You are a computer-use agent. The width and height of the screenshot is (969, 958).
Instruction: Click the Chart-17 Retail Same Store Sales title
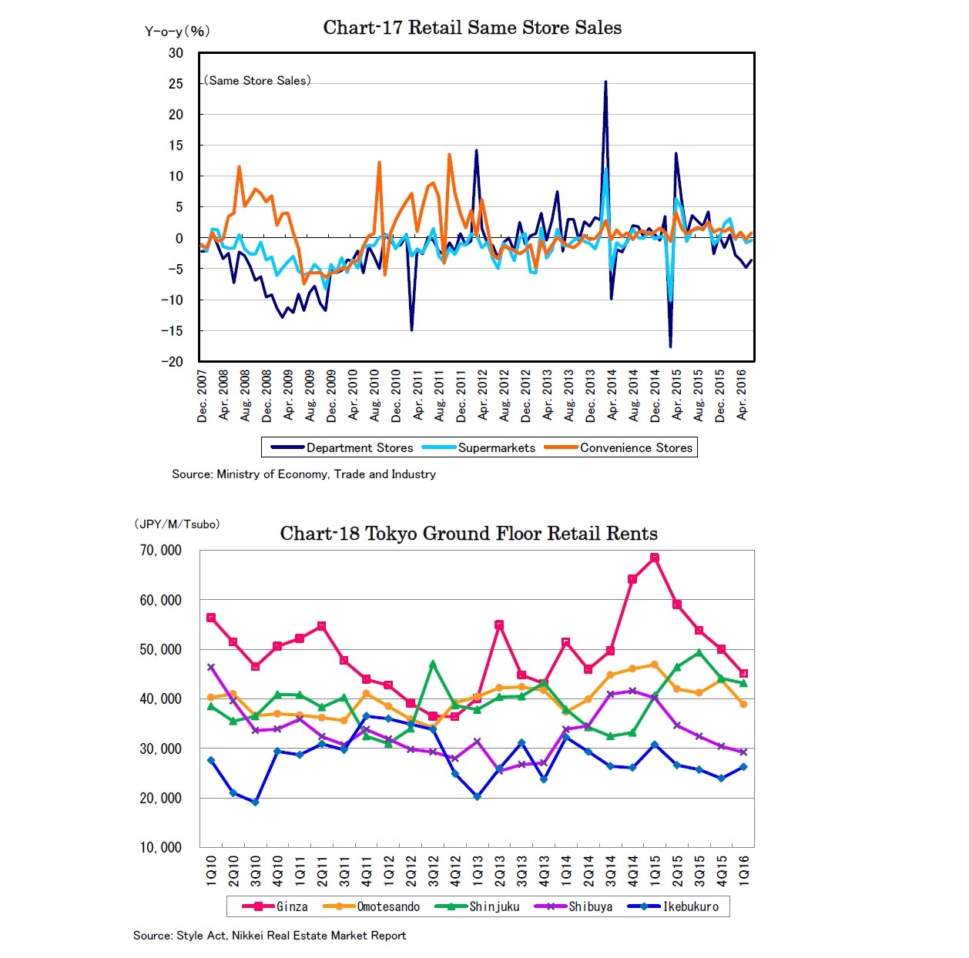(472, 28)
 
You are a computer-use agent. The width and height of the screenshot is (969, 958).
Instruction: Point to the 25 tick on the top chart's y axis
(176, 83)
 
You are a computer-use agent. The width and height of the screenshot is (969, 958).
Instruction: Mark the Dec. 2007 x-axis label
(203, 396)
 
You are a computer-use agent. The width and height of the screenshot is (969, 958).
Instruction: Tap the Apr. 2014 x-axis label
(612, 394)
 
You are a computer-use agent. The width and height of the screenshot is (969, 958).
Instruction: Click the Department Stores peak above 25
(605, 82)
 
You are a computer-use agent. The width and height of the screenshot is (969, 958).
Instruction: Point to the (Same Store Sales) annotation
(257, 80)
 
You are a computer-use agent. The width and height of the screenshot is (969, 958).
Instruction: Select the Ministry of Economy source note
(303, 474)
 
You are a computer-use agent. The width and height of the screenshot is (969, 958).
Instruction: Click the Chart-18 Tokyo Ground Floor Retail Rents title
(468, 534)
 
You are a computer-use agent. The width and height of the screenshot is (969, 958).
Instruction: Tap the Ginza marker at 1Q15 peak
(655, 558)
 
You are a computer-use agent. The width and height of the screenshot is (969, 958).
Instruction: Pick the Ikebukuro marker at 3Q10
(255, 802)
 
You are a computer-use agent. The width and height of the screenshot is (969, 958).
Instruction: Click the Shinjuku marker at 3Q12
(433, 663)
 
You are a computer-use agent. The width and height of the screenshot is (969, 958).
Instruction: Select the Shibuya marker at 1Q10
(211, 667)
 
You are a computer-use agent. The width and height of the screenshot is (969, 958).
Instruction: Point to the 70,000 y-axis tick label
(160, 550)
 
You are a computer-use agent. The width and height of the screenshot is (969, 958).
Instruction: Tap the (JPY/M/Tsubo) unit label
(177, 524)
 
